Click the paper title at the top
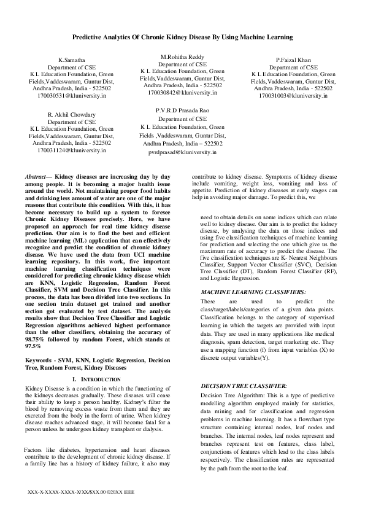coord(182,37)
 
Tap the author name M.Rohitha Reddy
coord(182,56)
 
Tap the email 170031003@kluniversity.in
coord(293,96)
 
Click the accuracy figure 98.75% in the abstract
coord(37,339)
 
